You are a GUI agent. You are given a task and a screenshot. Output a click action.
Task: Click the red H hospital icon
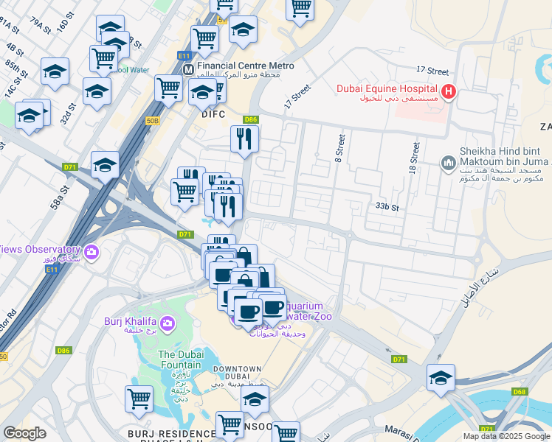coord(447,91)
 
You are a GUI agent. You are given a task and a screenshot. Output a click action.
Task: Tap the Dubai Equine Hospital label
coord(387,89)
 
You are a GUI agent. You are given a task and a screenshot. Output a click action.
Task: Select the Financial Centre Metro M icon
coord(188,69)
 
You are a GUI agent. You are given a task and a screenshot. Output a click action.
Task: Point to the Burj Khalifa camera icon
coord(167,323)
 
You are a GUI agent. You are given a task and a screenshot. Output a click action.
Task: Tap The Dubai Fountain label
coord(180,359)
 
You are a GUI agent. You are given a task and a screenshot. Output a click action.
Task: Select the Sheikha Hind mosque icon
coord(447,162)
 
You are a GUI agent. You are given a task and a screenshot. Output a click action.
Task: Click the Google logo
coord(24,433)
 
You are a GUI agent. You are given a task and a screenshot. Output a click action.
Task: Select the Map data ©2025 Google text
coord(506,436)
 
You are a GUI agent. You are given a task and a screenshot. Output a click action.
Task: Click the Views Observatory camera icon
coord(91,253)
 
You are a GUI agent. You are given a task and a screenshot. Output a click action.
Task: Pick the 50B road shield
coord(153,120)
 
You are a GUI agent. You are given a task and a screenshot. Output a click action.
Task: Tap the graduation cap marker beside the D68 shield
coord(441,377)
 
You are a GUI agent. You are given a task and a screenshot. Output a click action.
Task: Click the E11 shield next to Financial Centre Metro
coord(184,55)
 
